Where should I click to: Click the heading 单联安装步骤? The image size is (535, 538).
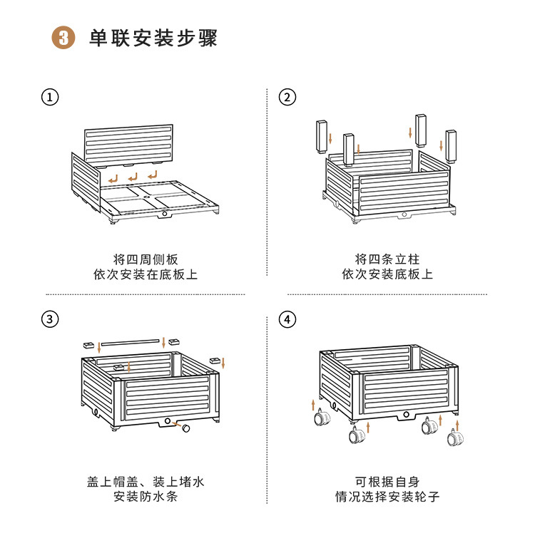(x=153, y=38)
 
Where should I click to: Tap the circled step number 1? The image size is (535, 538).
(x=50, y=98)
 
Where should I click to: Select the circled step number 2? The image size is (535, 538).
(x=287, y=98)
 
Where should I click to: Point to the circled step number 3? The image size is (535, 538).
(x=50, y=319)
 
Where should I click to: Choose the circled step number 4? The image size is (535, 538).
(x=287, y=319)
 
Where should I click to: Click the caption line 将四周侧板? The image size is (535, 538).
(x=146, y=259)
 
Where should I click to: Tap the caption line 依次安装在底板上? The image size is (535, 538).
(x=146, y=274)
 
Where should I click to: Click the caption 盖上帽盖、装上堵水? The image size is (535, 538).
(x=146, y=482)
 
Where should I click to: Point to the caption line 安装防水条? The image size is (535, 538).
(x=146, y=497)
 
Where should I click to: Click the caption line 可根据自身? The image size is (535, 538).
(x=387, y=482)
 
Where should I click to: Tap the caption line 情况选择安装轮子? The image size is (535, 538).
(x=387, y=497)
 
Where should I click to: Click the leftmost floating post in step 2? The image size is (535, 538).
(x=321, y=136)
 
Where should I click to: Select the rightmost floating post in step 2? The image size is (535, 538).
(x=451, y=145)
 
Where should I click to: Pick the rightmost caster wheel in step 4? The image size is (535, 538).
(x=454, y=438)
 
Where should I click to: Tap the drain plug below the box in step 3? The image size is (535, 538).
(x=184, y=428)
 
